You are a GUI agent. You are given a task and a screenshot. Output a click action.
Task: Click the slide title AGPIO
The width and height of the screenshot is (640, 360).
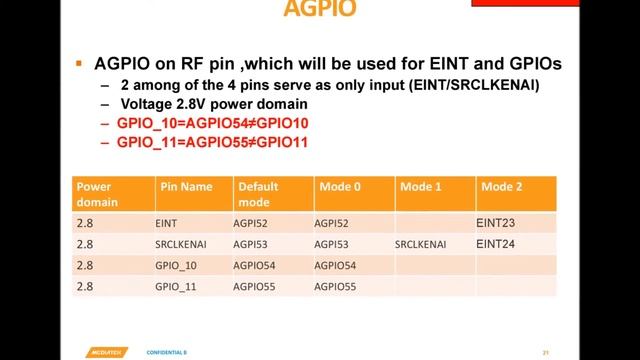pos(319,10)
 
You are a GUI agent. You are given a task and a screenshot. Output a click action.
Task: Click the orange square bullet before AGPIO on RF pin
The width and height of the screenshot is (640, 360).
pos(79,63)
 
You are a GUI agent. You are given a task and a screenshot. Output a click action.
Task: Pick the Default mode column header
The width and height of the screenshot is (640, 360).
pos(257,193)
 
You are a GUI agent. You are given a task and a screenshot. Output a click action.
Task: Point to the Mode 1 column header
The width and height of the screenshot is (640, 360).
pos(420,186)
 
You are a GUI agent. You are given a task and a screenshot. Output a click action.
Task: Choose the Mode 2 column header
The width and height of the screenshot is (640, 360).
pos(501,186)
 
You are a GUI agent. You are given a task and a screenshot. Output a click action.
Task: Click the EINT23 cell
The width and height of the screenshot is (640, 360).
pos(496,223)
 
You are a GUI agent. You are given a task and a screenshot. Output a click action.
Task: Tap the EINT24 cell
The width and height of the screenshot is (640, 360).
pos(496,243)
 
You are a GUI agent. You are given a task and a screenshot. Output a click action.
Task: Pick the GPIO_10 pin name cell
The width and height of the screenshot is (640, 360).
pos(177,265)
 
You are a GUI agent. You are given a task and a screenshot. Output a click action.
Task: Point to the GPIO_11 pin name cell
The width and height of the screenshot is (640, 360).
pos(177,286)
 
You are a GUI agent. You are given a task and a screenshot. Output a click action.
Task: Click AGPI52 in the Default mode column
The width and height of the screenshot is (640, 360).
pos(251,224)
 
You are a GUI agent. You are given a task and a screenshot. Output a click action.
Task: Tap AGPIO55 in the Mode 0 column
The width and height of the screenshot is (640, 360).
pos(335,286)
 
